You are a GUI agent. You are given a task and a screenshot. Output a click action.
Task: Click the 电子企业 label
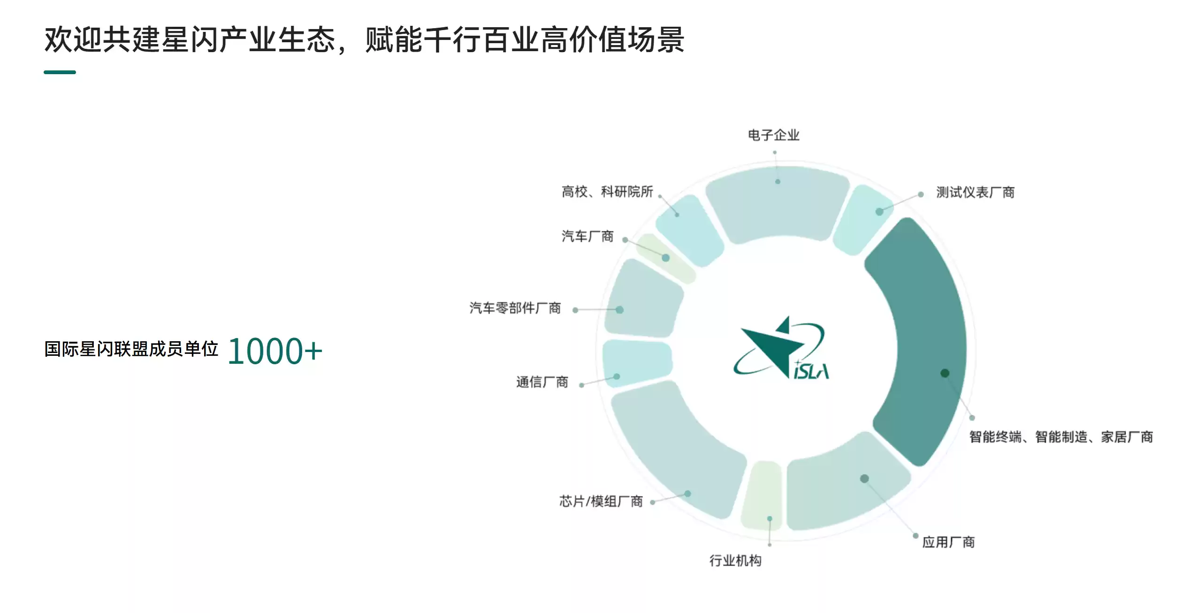pyautogui.click(x=773, y=135)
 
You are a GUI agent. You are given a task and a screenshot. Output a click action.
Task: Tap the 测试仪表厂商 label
pyautogui.click(x=975, y=192)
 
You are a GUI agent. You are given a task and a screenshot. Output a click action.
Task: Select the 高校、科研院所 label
pyautogui.click(x=607, y=192)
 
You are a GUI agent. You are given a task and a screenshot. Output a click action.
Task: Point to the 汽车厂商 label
pyautogui.click(x=587, y=236)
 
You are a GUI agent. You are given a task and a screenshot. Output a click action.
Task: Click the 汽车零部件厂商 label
pyautogui.click(x=515, y=308)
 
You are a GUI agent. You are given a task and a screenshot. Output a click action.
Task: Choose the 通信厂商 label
pyautogui.click(x=542, y=382)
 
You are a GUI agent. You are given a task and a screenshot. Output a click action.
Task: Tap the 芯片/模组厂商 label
pyautogui.click(x=601, y=501)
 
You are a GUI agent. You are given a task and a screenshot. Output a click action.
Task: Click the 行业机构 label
pyautogui.click(x=735, y=560)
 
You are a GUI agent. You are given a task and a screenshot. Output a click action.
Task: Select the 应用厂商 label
pyautogui.click(x=948, y=543)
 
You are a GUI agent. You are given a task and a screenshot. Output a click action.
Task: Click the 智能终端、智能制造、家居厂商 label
pyautogui.click(x=1061, y=437)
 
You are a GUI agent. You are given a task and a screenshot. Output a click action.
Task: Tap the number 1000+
pyautogui.click(x=275, y=351)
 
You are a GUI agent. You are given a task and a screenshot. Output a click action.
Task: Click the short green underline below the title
pyautogui.click(x=60, y=72)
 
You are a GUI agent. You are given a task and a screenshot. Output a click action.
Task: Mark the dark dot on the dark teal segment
pyautogui.click(x=945, y=373)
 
